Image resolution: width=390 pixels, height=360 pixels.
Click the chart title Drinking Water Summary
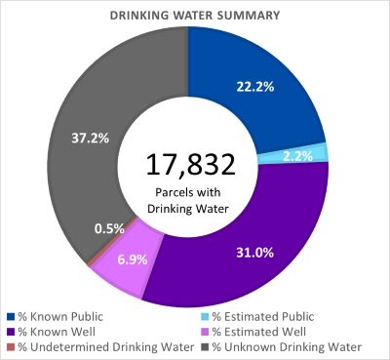194,16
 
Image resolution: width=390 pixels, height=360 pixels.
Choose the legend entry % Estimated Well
245,331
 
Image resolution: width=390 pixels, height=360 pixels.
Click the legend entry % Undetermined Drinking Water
92,346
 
